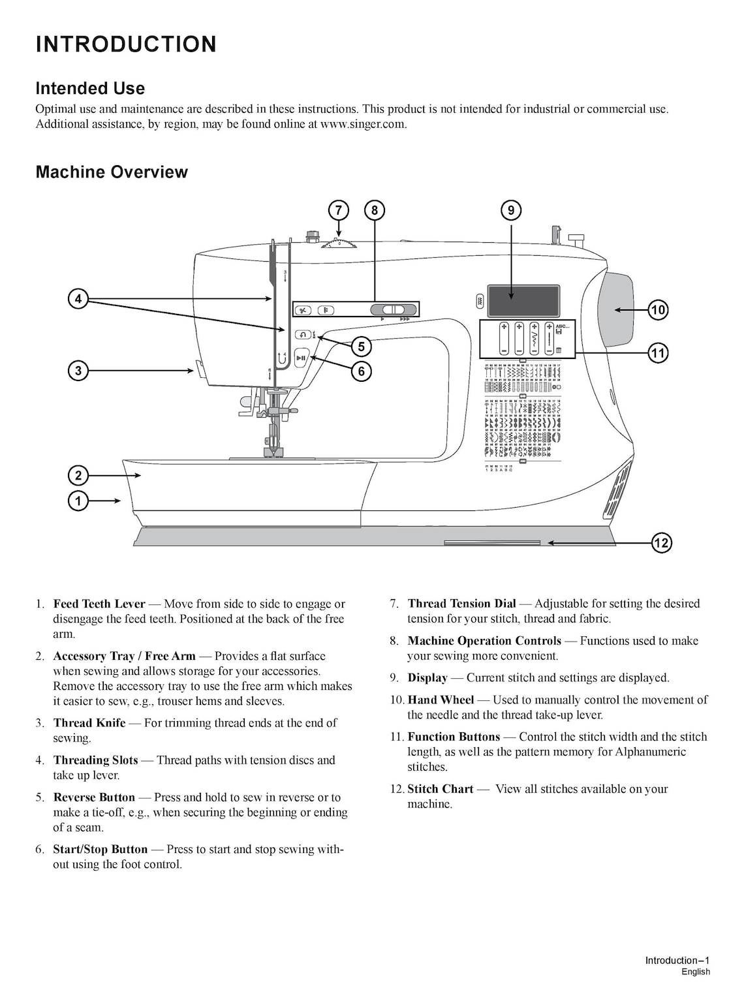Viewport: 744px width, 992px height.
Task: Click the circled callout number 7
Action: pos(338,210)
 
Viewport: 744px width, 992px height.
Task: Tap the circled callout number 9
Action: pos(511,210)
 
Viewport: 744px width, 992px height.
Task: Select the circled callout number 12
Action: pos(661,542)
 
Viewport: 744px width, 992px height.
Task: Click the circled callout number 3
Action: pos(78,371)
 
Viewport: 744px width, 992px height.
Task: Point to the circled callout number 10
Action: pos(658,310)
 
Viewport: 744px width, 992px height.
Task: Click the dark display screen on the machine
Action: pos(523,302)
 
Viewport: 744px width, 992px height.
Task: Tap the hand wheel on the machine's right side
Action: pos(615,309)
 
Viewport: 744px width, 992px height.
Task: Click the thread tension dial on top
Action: pos(339,243)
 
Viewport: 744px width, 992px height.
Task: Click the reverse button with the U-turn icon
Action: pos(303,335)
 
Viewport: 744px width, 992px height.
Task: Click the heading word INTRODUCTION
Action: pos(126,44)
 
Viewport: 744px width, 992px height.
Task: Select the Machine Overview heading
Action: pos(112,172)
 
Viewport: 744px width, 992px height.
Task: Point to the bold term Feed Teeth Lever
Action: pos(99,604)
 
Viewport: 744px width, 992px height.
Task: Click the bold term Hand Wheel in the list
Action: pos(441,700)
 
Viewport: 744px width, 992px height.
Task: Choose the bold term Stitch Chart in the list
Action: pos(441,789)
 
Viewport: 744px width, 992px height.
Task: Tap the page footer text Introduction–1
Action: pos(677,960)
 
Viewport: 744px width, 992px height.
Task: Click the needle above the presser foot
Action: pos(269,431)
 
